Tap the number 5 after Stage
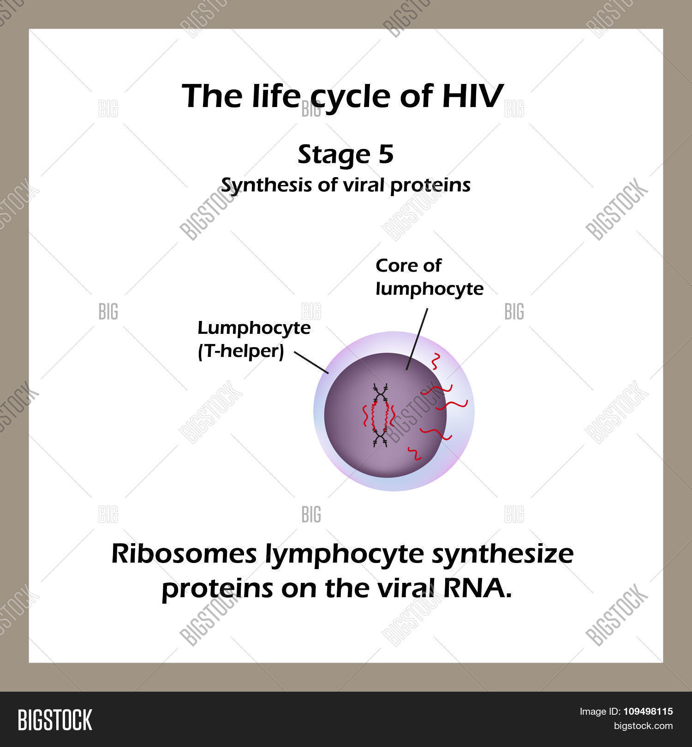[386, 154]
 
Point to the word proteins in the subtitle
[430, 186]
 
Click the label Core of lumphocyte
[430, 277]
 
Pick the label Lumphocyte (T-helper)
[254, 339]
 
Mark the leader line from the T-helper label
[311, 363]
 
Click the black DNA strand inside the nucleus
[381, 415]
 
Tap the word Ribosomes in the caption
[184, 554]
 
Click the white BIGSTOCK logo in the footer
[55, 720]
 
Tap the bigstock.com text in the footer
[643, 727]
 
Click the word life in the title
[276, 96]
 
